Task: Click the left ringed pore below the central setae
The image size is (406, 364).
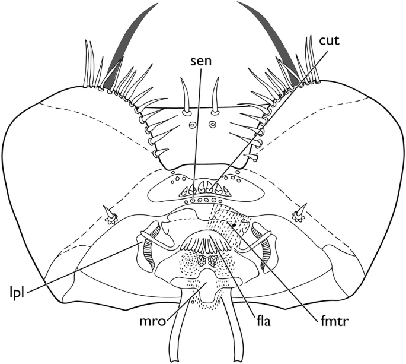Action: pos(192,125)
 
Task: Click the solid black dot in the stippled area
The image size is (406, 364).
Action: pos(235,225)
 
